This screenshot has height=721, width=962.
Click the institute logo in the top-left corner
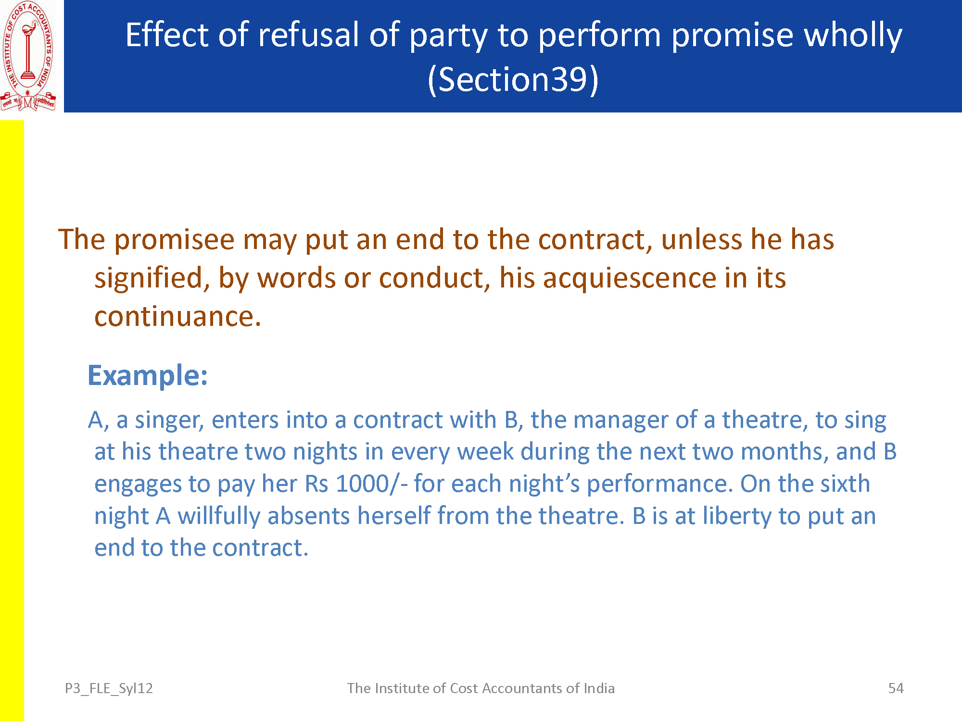28,56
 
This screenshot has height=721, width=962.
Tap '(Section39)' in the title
513,79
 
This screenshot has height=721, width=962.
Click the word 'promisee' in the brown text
174,240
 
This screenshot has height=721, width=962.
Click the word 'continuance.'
177,317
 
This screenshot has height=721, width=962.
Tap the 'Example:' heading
148,375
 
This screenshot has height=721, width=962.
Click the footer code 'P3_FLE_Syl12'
109,688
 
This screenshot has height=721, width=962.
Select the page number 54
896,688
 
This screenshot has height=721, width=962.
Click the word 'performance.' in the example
659,484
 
